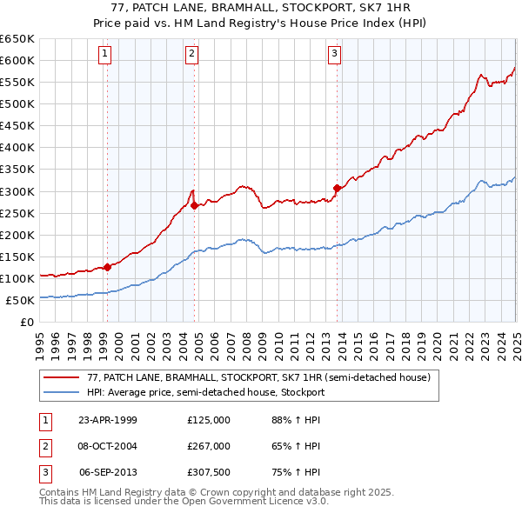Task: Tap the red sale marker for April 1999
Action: pyautogui.click(x=108, y=267)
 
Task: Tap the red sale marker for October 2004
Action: pyautogui.click(x=194, y=205)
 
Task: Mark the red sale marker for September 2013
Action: pyautogui.click(x=337, y=187)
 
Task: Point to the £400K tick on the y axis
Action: pyautogui.click(x=17, y=148)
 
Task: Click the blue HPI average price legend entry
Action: pyautogui.click(x=205, y=392)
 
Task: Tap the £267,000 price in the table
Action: pyautogui.click(x=209, y=446)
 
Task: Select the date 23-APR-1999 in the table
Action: pyautogui.click(x=107, y=420)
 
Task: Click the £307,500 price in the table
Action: pyautogui.click(x=209, y=472)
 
